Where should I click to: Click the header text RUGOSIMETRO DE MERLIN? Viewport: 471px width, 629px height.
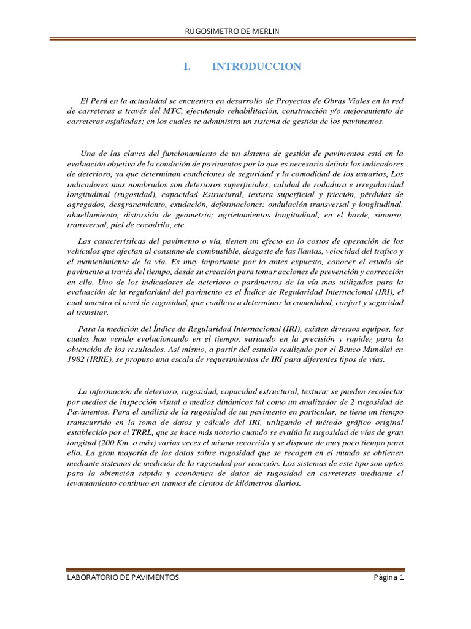pyautogui.click(x=236, y=31)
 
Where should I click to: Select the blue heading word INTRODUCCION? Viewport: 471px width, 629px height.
pyautogui.click(x=256, y=67)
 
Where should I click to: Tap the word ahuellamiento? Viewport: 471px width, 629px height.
pyautogui.click(x=93, y=215)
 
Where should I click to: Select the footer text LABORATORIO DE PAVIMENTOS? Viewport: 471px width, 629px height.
pyautogui.click(x=123, y=577)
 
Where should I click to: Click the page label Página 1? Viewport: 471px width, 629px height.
pyautogui.click(x=388, y=577)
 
